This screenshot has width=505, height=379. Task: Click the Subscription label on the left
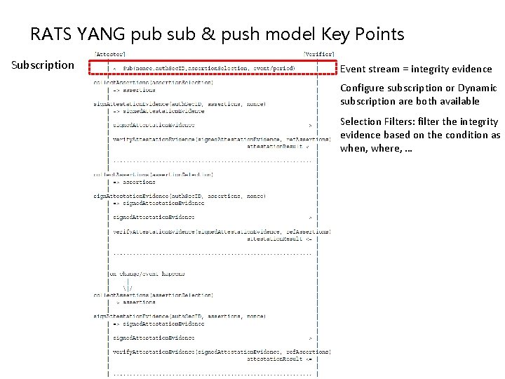tap(42, 65)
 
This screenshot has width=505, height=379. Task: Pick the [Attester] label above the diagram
tap(111, 53)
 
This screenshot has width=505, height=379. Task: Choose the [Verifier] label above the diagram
tap(319, 53)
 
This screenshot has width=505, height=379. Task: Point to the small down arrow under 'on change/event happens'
tap(127, 287)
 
